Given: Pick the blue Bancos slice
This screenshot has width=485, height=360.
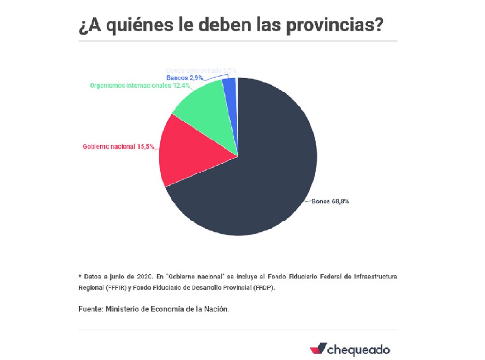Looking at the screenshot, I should pos(229,87).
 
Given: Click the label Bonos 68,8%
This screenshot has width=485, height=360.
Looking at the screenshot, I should pos(330,202).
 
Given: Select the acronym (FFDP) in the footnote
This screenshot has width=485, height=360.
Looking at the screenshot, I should pos(264,287).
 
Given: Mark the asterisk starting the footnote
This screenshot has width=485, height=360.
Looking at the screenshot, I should pos(80,276).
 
